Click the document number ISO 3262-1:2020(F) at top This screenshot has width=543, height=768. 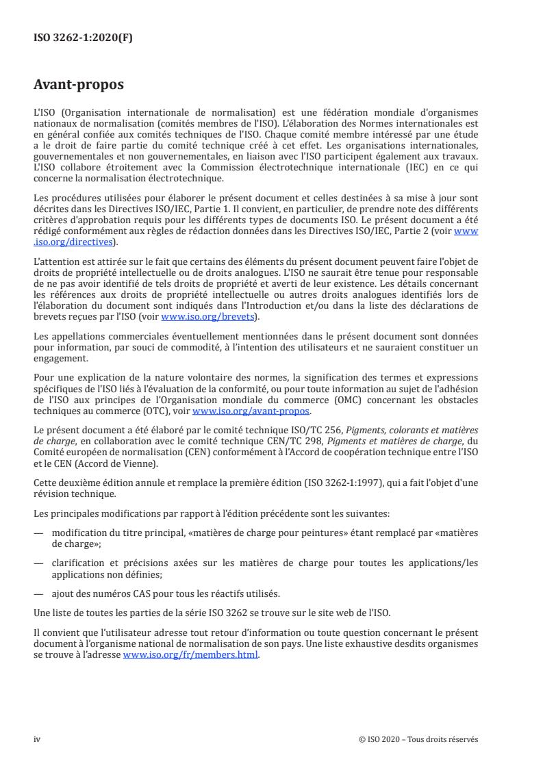coord(84,38)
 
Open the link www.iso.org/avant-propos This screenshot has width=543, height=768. coord(251,411)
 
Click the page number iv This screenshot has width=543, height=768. coord(37,739)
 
